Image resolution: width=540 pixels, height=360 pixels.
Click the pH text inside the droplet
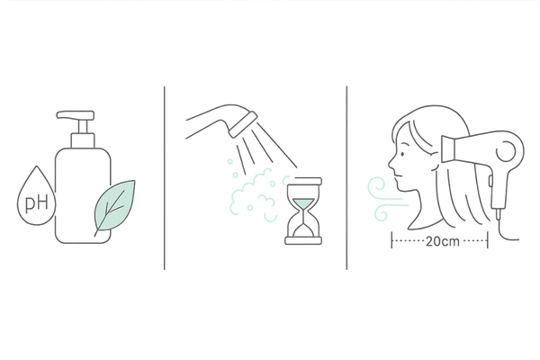(37, 203)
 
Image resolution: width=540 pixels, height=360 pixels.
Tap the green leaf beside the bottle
(115, 206)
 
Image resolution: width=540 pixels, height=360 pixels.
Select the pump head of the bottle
(76, 115)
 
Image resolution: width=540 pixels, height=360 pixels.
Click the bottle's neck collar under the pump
(83, 140)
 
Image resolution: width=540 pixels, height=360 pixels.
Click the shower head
(243, 124)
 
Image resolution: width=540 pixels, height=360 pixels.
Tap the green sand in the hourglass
(303, 203)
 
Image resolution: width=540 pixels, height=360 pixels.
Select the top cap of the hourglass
(304, 181)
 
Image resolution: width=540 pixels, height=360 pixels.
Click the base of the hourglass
(303, 241)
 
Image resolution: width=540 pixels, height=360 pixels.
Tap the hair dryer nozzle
(448, 148)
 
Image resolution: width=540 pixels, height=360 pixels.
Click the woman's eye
(403, 154)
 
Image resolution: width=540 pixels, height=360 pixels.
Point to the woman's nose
(391, 165)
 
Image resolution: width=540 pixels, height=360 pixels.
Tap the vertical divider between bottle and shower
(165, 178)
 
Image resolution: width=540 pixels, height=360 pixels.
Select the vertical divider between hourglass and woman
(346, 178)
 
